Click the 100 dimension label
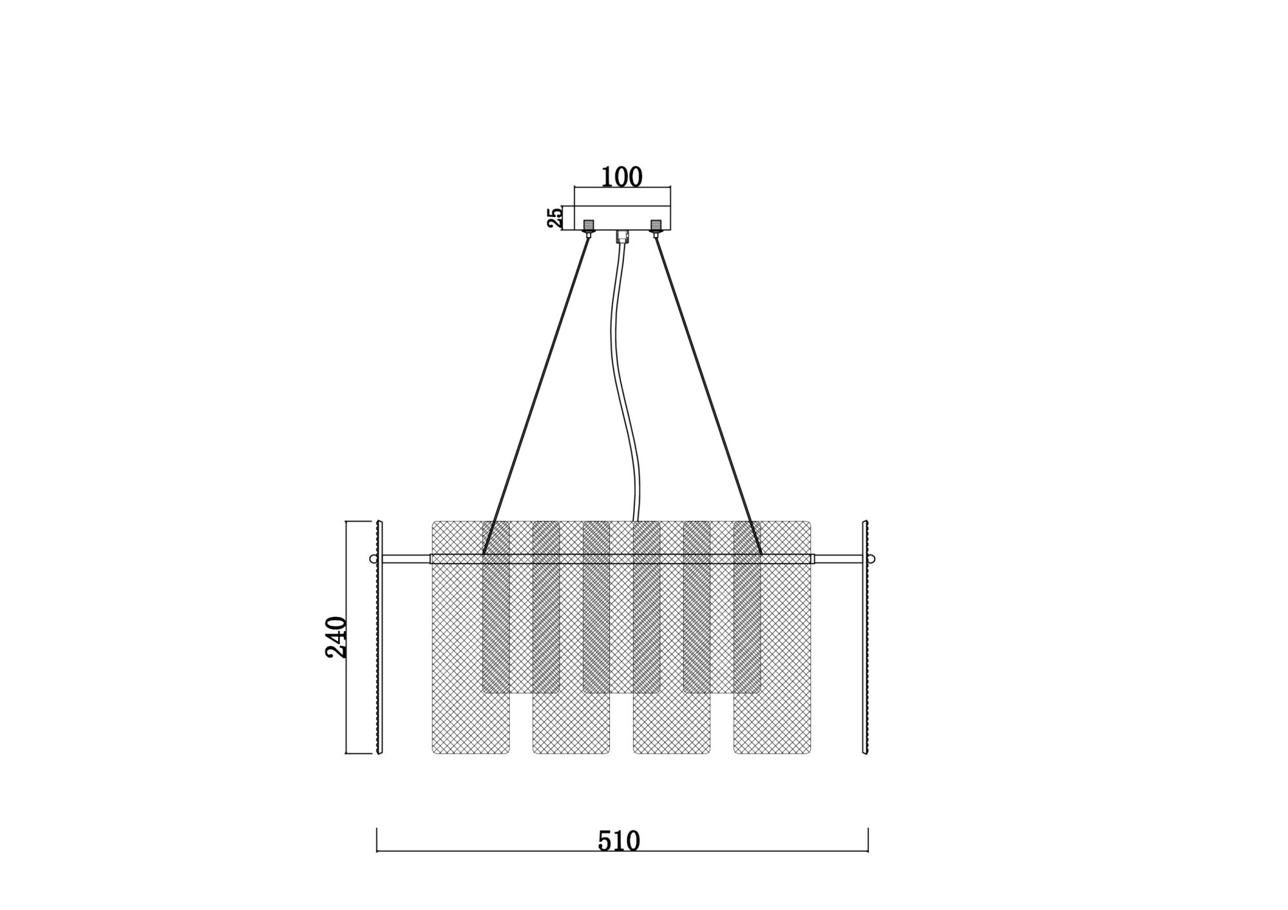621,177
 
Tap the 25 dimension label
554,218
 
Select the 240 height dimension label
336,637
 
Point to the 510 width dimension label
619,841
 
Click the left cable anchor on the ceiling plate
589,227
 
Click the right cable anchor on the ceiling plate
656,227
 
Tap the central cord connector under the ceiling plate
621,236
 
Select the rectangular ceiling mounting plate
622,218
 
